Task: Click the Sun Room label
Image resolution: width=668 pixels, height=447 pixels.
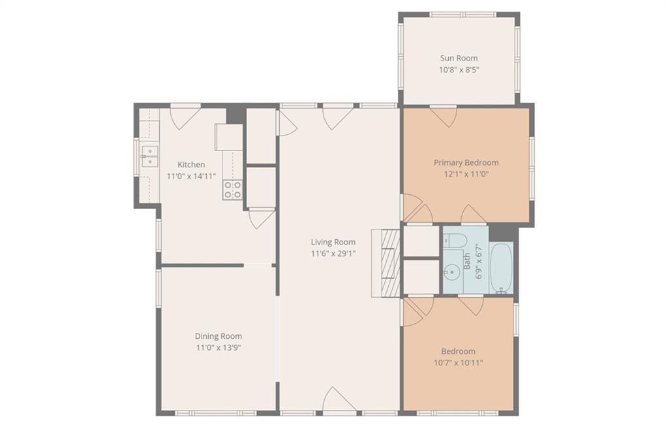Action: (459, 58)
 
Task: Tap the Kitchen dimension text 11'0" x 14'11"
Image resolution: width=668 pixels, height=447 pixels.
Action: (191, 176)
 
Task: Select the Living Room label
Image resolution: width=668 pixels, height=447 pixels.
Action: (333, 242)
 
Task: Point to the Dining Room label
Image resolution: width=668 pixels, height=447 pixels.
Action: (219, 336)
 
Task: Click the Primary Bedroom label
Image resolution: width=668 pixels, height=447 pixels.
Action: (466, 163)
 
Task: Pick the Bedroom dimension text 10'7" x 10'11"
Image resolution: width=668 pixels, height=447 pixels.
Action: (459, 363)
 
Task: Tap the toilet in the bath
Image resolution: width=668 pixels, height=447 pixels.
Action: (453, 240)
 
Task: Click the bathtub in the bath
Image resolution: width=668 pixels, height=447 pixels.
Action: (502, 267)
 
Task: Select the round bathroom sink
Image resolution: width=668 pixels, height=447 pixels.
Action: (450, 270)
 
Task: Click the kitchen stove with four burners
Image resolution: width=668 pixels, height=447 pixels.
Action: (233, 190)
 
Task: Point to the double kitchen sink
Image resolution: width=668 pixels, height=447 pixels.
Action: (149, 156)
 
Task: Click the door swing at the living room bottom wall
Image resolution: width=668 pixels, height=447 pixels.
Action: (339, 400)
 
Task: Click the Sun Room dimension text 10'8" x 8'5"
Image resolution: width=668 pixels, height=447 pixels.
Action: (459, 70)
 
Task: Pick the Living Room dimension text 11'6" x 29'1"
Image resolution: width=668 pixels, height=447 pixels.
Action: (333, 254)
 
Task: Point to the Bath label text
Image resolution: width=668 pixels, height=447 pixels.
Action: (467, 261)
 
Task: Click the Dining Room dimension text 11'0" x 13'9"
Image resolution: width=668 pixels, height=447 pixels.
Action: (219, 348)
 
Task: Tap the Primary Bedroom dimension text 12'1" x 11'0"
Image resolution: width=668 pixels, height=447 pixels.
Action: (466, 174)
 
